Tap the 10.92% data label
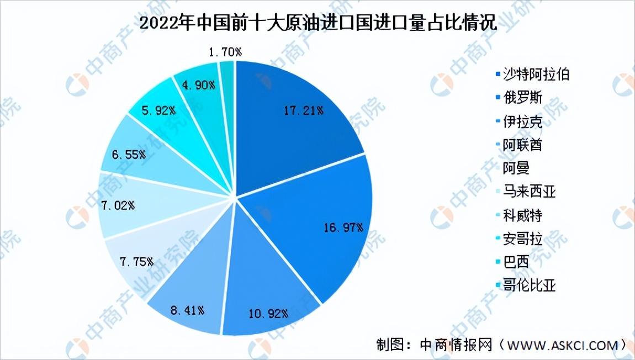[x=268, y=314]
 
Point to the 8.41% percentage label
[x=187, y=311]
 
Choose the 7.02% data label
[x=118, y=206]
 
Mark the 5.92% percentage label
[x=158, y=110]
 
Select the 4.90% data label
[x=198, y=85]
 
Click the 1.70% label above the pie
[x=225, y=52]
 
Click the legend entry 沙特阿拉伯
[x=532, y=75]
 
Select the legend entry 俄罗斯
[x=519, y=98]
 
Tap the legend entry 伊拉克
[x=519, y=121]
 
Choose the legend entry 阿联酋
[x=519, y=145]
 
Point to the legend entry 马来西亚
[x=526, y=192]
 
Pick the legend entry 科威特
[x=519, y=215]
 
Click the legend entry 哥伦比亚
[x=526, y=285]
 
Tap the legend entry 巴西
[x=512, y=262]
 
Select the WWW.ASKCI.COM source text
[x=563, y=346]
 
